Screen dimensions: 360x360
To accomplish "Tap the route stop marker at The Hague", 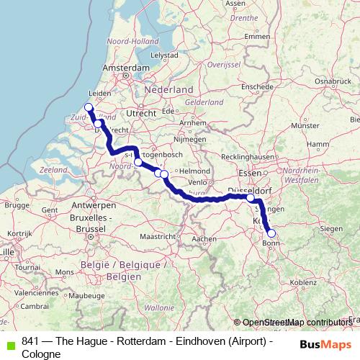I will click(89, 108).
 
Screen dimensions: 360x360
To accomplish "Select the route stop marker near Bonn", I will click(271, 233).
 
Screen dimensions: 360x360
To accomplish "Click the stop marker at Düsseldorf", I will click(251, 198).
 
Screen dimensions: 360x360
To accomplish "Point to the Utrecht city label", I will click(140, 114).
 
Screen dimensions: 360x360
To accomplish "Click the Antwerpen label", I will click(89, 205).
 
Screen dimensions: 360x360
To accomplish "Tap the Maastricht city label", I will click(157, 236).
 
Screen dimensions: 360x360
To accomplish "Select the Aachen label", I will click(204, 238).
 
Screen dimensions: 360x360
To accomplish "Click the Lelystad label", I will click(164, 55).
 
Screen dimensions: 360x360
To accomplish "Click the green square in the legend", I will click(9, 342).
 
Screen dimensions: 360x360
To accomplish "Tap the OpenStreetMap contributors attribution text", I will click(296, 323).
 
